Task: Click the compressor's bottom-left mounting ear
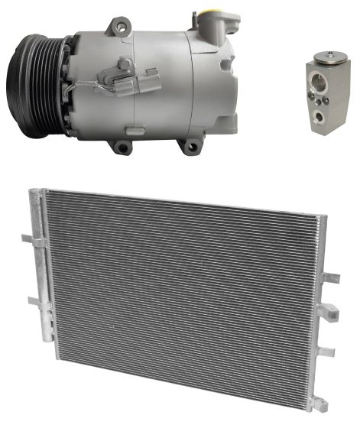(x=120, y=144)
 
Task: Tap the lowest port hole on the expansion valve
(x=322, y=118)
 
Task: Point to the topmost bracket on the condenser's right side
(x=330, y=277)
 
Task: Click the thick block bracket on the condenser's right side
(x=326, y=310)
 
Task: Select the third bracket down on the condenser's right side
(x=327, y=352)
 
